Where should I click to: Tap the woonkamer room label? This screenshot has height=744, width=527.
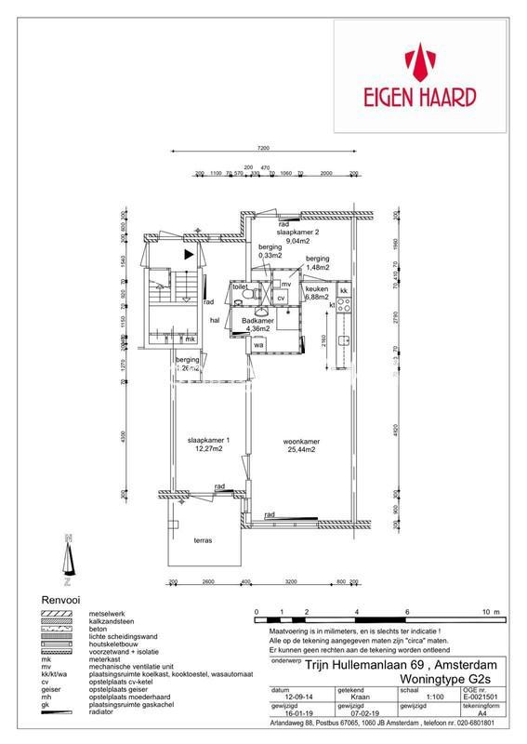click(x=298, y=443)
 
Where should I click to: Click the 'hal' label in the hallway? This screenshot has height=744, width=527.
click(x=214, y=319)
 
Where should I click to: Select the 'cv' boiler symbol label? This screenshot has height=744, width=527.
click(x=280, y=298)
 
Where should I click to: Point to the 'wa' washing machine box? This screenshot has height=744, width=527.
click(x=258, y=345)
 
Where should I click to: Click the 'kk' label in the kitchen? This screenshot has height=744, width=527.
click(x=343, y=292)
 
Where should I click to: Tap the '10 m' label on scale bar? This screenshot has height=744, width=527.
click(x=490, y=613)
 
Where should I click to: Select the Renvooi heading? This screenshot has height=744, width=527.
click(x=58, y=600)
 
